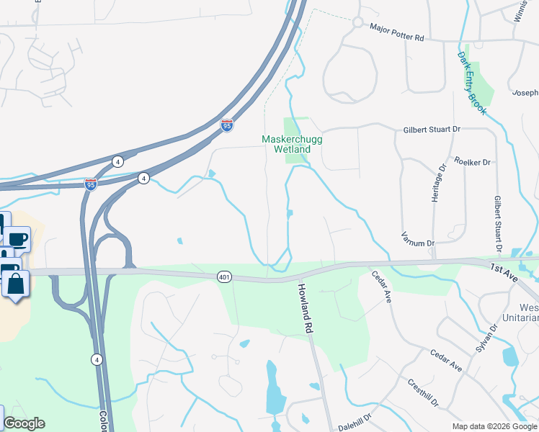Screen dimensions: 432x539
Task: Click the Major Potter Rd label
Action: (x=406, y=29)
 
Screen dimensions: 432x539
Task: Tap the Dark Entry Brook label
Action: (x=472, y=83)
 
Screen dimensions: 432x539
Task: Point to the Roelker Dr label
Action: (x=472, y=162)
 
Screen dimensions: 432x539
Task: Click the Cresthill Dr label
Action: (x=423, y=392)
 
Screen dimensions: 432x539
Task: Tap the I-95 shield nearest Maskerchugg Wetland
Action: (x=227, y=125)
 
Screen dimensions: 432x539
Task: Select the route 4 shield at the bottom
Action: (x=97, y=359)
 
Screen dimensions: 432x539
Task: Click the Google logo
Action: (x=24, y=423)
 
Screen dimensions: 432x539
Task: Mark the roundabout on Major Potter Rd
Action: (x=357, y=22)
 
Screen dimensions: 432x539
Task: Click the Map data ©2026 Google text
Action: (x=494, y=426)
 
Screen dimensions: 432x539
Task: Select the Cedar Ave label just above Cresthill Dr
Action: (x=446, y=361)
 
